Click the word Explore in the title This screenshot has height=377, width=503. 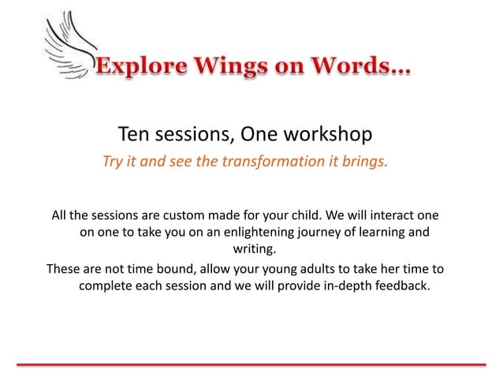(x=138, y=69)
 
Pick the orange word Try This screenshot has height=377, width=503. (x=114, y=162)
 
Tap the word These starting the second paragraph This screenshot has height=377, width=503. (x=64, y=268)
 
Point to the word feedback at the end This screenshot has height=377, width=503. (x=403, y=286)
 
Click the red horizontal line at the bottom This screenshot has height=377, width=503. (x=251, y=364)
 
